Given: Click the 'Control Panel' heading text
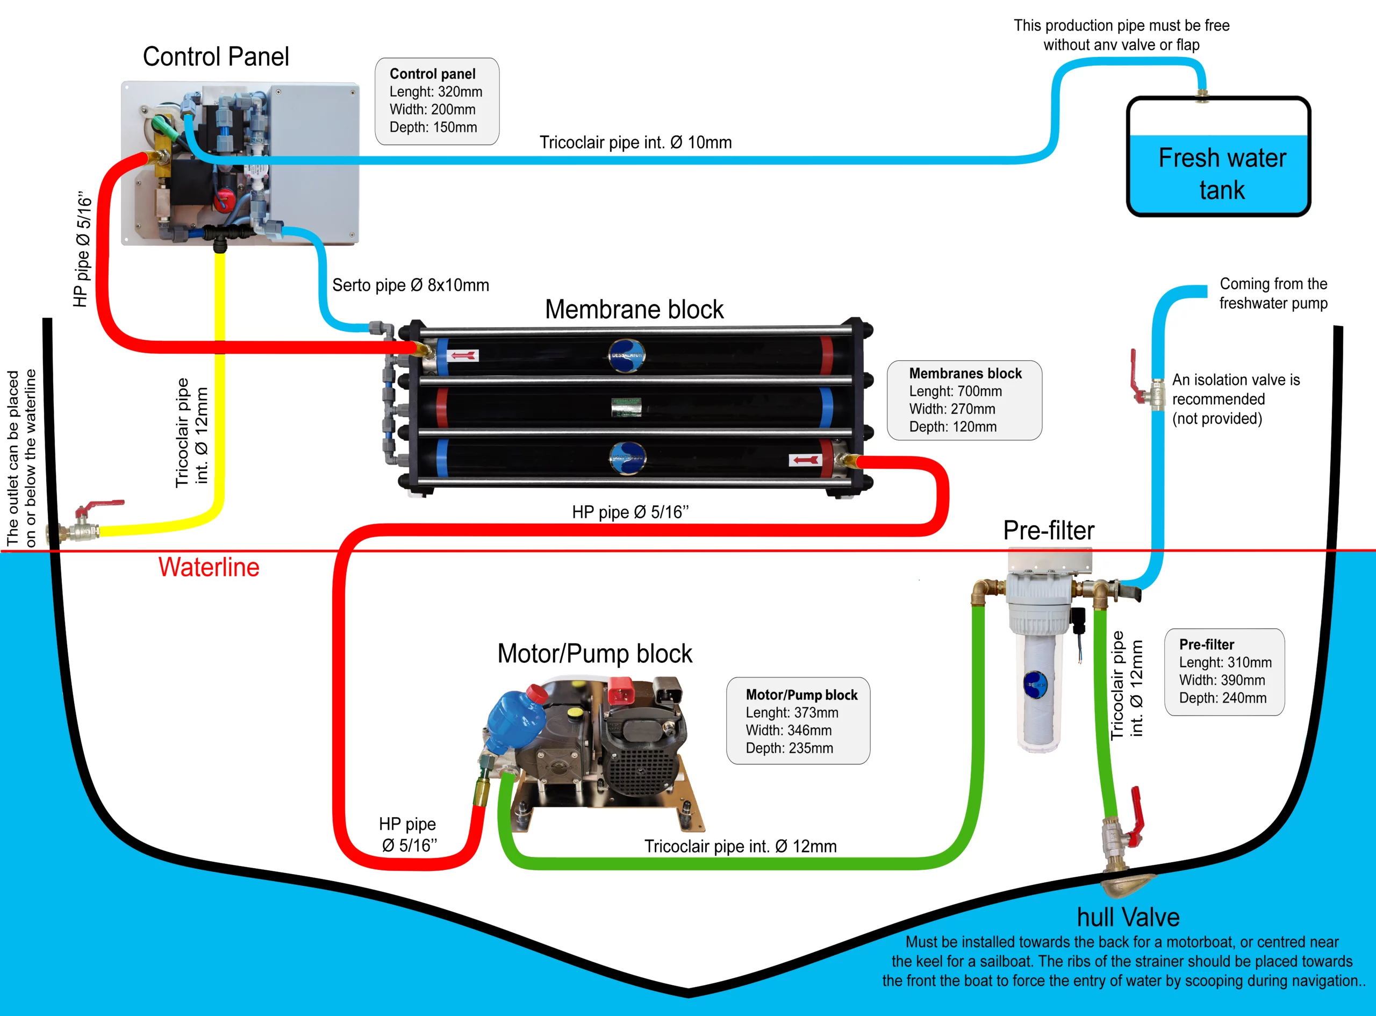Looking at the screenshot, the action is coord(216,56).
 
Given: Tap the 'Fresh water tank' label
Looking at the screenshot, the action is coord(1222,174).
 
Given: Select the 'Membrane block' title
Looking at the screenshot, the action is coord(634,309).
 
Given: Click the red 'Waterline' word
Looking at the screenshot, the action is coord(209,567).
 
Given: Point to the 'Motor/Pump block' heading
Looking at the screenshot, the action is coord(594,654).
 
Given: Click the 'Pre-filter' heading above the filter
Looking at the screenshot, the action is coord(1049,530).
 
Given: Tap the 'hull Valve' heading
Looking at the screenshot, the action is coord(1128,917).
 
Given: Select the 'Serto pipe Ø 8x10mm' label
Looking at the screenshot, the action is coord(411,285).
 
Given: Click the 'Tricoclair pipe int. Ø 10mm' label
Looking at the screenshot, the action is coord(636,142).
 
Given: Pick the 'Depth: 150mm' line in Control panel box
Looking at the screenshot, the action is coord(433,127).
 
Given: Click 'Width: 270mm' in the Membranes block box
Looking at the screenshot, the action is coord(952,409).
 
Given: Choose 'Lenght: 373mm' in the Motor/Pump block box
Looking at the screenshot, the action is coord(792,712).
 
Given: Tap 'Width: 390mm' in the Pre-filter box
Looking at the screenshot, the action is coord(1222,680).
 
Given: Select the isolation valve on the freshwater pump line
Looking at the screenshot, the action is coord(1146,383).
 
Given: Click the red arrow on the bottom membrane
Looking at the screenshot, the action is coord(805,460).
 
